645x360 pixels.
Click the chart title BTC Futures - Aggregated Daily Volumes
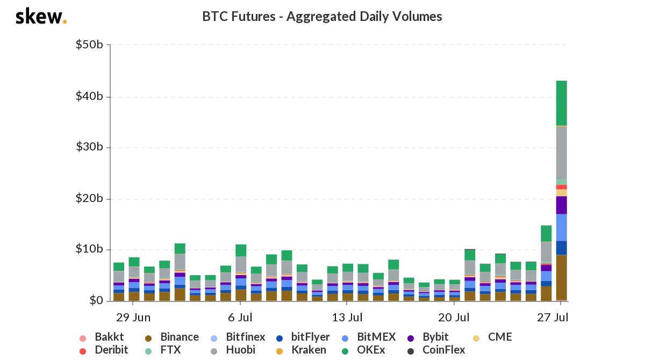point(322,17)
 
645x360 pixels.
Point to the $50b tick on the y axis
point(89,45)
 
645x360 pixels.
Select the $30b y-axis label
point(89,147)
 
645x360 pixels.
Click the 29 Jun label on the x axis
point(133,318)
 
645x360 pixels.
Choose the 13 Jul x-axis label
point(347,318)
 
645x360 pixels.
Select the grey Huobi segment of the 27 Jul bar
point(561,153)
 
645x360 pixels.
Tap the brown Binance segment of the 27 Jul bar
point(561,277)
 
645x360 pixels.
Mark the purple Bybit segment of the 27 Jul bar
point(561,205)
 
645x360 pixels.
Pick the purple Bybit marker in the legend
point(411,338)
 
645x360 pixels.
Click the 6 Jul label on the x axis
point(240,318)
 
